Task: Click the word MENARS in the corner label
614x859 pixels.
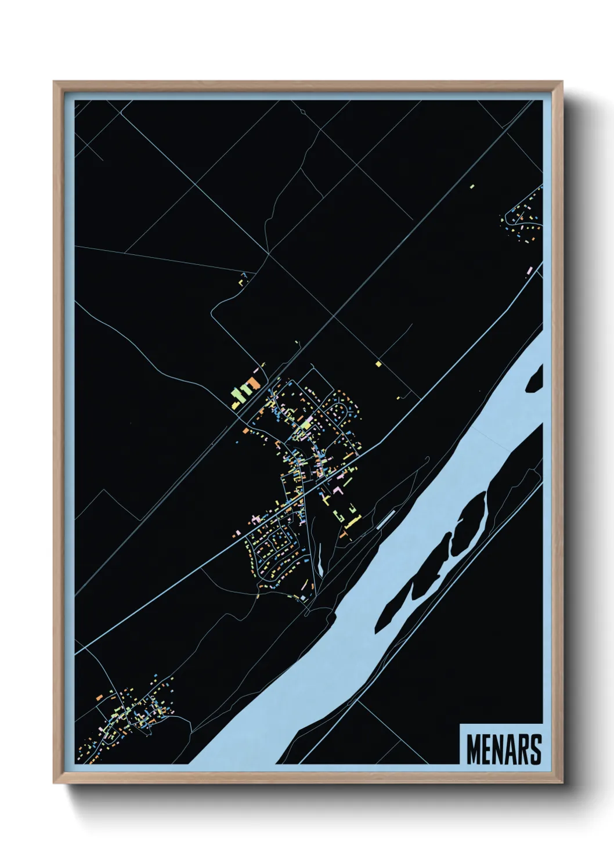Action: pos(503,749)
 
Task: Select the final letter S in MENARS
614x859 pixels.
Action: pos(535,749)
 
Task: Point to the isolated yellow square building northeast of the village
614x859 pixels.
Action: pos(378,364)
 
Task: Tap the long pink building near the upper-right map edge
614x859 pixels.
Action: pos(529,270)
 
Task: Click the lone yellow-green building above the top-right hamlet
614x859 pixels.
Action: pos(472,186)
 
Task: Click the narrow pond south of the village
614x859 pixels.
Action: pos(320,560)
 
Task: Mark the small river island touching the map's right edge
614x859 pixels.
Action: pos(536,378)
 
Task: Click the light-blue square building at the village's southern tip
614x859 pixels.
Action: pos(302,598)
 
